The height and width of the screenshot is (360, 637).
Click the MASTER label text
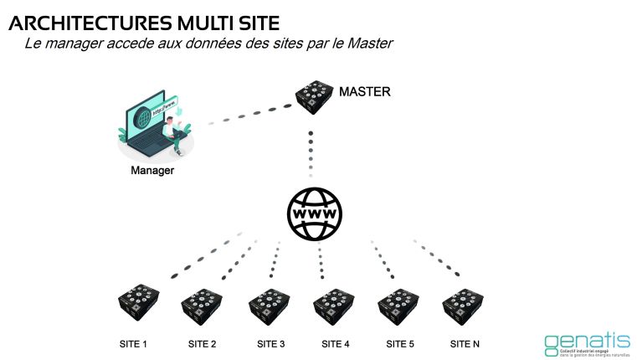pos(364,91)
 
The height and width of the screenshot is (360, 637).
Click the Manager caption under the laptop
pos(152,171)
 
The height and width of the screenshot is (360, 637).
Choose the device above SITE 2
pos(202,306)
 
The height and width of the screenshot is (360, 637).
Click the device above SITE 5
pos(398,306)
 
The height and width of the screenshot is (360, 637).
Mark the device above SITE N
pos(464,306)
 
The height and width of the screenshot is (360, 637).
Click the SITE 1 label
pos(133,344)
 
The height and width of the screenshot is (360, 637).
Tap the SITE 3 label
pos(270,344)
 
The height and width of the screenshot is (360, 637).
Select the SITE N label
pos(465,344)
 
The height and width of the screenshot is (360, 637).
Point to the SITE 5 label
pos(400,344)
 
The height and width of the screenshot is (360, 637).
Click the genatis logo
pos(586,342)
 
